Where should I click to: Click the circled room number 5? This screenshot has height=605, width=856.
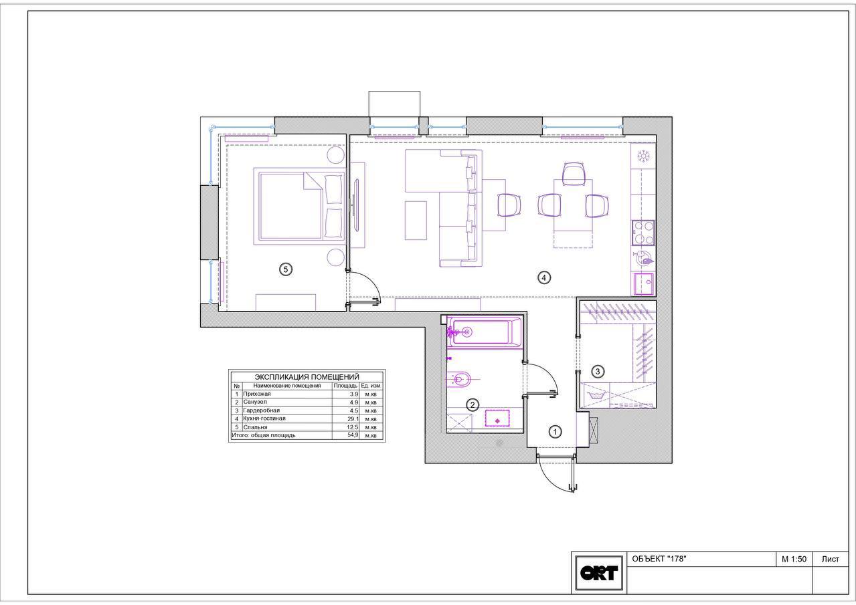pyautogui.click(x=286, y=269)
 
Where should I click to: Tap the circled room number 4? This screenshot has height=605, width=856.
pyautogui.click(x=544, y=277)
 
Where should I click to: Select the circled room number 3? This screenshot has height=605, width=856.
pyautogui.click(x=598, y=371)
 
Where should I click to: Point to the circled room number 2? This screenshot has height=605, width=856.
pyautogui.click(x=473, y=405)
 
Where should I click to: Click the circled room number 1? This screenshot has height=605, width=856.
pyautogui.click(x=555, y=432)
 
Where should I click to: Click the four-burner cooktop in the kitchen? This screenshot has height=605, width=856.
pyautogui.click(x=643, y=233)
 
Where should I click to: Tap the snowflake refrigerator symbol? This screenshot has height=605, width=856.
pyautogui.click(x=644, y=156)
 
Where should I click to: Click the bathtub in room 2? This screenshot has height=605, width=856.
pyautogui.click(x=484, y=332)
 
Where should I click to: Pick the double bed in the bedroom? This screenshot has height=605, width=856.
pyautogui.click(x=299, y=206)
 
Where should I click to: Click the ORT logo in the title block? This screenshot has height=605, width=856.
pyautogui.click(x=599, y=573)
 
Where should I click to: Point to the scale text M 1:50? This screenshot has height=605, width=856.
pyautogui.click(x=794, y=559)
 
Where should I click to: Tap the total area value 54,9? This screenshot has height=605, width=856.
pyautogui.click(x=353, y=435)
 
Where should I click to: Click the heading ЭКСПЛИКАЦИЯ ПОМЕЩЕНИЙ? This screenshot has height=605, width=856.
pyautogui.click(x=307, y=377)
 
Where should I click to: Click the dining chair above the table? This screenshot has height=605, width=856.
pyautogui.click(x=574, y=174)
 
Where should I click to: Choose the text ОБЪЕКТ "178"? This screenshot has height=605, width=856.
pyautogui.click(x=659, y=559)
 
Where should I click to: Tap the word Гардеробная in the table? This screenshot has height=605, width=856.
pyautogui.click(x=262, y=410)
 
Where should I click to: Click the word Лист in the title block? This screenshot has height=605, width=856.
pyautogui.click(x=831, y=559)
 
